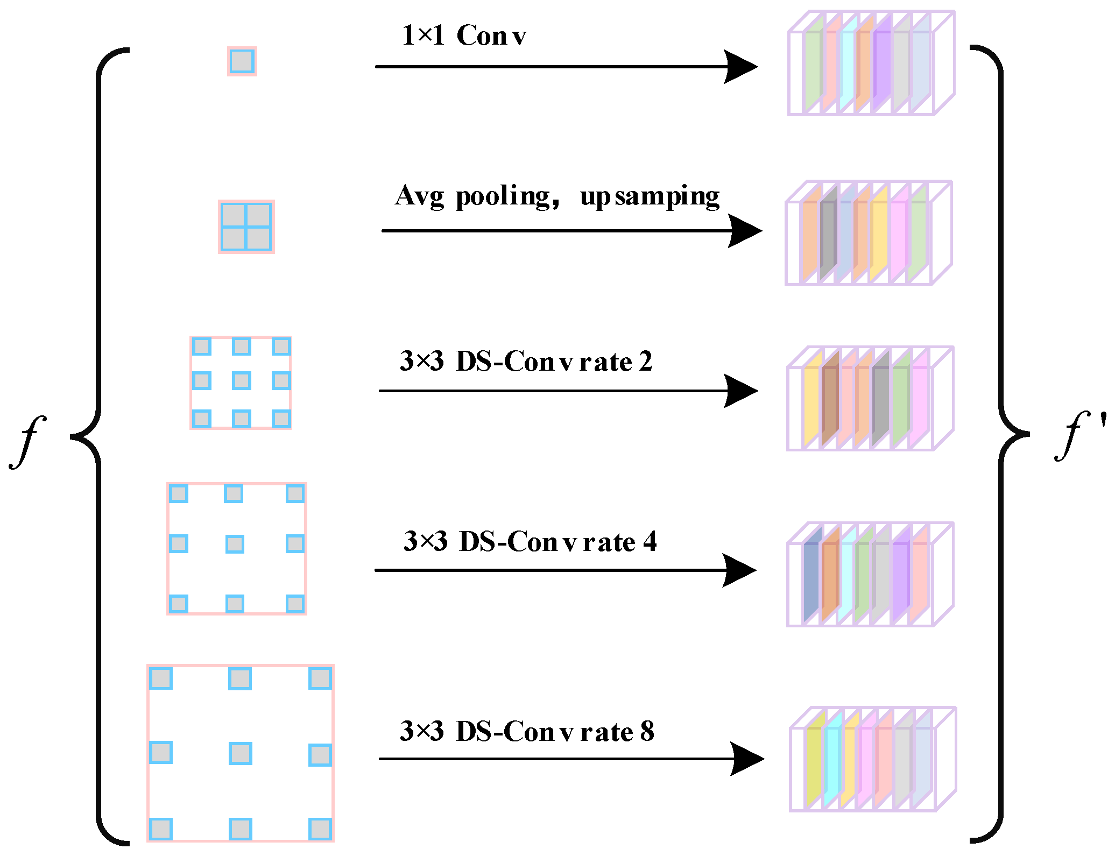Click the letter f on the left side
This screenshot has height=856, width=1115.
27,441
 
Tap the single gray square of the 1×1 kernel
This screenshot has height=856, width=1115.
242,61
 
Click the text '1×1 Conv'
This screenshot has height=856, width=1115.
464,36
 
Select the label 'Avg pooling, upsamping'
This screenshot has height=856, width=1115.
557,196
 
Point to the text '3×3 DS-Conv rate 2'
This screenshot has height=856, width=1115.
526,362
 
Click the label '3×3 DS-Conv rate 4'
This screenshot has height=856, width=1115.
530,542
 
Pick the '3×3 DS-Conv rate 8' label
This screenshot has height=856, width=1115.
527,732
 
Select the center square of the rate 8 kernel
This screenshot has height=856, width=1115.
240,753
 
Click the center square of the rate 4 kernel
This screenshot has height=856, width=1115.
235,544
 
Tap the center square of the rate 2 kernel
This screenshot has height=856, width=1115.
241,381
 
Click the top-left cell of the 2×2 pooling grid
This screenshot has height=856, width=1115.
233,215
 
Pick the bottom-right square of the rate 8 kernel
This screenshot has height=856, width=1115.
320,829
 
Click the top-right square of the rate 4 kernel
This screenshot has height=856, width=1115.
295,493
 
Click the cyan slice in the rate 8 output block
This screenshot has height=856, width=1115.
832,761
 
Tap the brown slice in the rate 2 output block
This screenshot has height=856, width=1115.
830,401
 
